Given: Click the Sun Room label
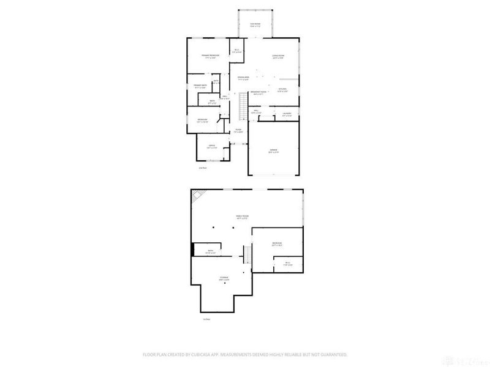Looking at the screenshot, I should [x=254, y=25].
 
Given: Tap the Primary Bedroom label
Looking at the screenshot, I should [x=210, y=56].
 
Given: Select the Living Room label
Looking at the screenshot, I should [x=278, y=57].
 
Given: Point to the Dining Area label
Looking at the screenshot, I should [x=244, y=78].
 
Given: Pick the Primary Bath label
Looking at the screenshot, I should [x=200, y=86].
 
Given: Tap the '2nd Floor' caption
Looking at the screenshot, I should [x=202, y=168].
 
